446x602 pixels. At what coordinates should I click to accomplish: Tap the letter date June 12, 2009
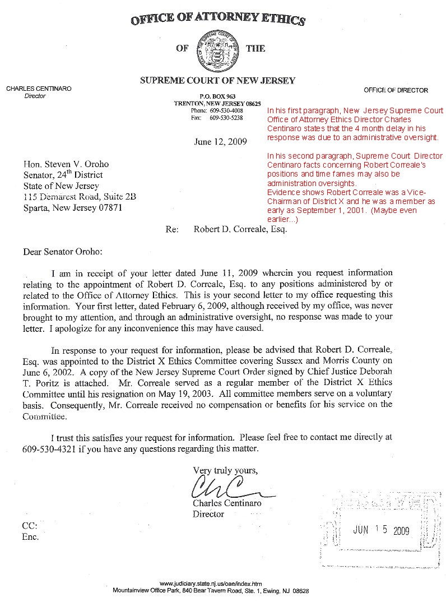pos(220,141)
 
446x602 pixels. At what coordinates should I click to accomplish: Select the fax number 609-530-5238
pos(226,118)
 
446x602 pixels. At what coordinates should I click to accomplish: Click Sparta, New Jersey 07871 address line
pos(71,208)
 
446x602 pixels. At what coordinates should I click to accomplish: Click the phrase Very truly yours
pos(226,470)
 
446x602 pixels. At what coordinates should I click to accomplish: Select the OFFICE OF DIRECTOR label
pos(396,90)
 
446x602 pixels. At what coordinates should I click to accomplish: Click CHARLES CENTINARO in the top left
pos(39,89)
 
